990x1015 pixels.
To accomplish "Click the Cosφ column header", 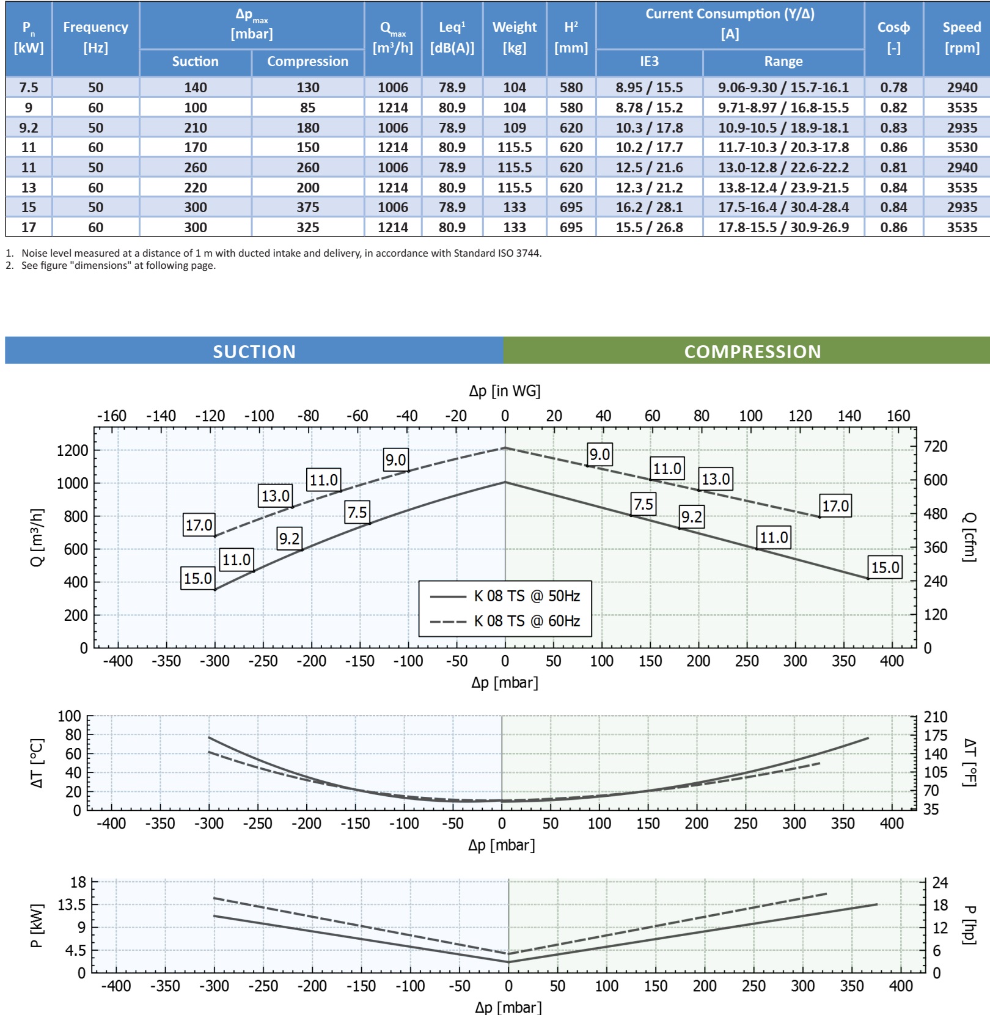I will click(x=893, y=37).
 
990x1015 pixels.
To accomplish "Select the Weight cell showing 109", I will click(x=515, y=128).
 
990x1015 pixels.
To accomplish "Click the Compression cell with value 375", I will click(x=308, y=207).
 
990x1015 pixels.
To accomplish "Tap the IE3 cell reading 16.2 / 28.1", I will click(x=649, y=207).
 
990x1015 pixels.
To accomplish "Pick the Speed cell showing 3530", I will click(x=962, y=147).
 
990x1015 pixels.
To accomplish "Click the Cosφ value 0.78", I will click(x=893, y=87).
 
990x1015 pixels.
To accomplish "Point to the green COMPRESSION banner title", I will click(x=752, y=351).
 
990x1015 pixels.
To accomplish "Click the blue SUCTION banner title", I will click(x=254, y=351).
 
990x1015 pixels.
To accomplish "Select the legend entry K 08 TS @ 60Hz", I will click(x=527, y=621).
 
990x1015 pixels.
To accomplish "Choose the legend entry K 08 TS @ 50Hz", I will click(x=527, y=596).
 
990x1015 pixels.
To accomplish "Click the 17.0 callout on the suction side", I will click(x=199, y=525).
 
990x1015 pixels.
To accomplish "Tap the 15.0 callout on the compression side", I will click(x=885, y=567).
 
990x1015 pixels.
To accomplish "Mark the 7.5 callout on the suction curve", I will click(x=357, y=512).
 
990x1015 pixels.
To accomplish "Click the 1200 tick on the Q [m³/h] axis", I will click(x=72, y=450).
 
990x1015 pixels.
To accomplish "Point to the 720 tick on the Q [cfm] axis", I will click(x=936, y=446).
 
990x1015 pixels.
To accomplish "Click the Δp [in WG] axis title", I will click(x=505, y=390).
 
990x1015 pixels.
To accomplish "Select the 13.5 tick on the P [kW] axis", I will click(x=71, y=904).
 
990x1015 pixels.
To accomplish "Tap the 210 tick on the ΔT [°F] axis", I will click(x=936, y=717).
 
